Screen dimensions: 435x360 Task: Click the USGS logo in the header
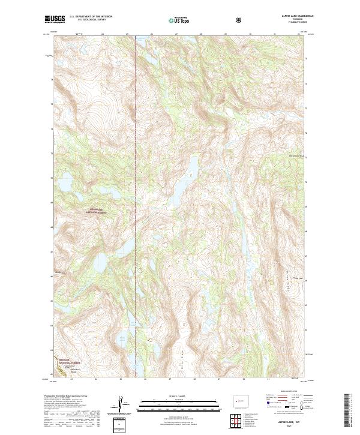click(x=54, y=20)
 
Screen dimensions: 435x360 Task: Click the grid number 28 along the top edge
click(x=201, y=34)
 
